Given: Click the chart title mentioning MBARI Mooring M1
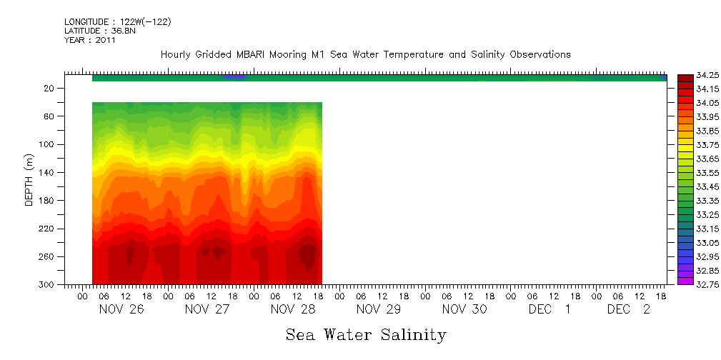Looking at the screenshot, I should (365, 55).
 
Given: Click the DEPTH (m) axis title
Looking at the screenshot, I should (29, 179).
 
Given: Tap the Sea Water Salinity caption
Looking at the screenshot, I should (366, 334).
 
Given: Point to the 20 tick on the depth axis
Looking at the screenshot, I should (50, 89).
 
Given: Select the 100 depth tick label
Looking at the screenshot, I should (48, 144).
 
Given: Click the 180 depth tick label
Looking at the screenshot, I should (48, 201).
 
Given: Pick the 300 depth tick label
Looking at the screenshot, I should (48, 284).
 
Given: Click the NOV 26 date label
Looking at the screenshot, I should (117, 309).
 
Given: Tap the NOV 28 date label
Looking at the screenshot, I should (289, 309).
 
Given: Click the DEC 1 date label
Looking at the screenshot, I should (550, 309).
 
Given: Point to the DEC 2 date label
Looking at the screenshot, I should (629, 309).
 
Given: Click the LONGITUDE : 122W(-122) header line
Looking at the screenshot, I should (117, 22).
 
